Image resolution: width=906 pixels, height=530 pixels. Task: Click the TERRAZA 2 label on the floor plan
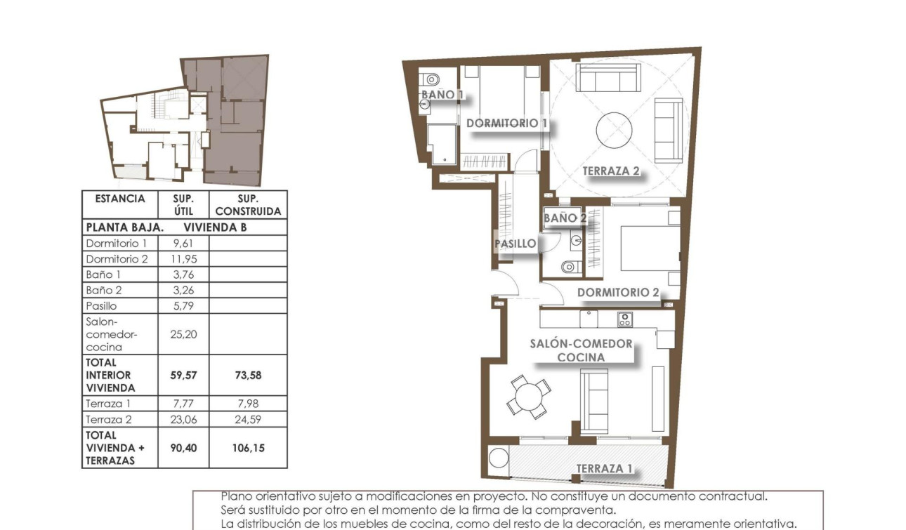[x=611, y=171]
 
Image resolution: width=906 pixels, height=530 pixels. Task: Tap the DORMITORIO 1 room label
[x=506, y=124]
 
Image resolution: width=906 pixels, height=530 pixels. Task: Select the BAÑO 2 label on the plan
[x=565, y=218]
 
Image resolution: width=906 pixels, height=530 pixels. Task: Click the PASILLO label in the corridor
[x=516, y=244]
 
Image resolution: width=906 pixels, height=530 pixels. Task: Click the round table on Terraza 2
[x=615, y=131]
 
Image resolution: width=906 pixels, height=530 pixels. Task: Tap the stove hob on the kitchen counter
[x=624, y=319]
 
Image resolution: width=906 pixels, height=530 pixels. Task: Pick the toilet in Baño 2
[x=570, y=267]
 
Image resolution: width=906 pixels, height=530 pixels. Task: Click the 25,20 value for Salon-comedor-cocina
[x=184, y=334]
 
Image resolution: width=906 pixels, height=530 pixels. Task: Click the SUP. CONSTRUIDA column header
[x=248, y=205]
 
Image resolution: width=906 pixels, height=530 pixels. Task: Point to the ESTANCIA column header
[x=119, y=199]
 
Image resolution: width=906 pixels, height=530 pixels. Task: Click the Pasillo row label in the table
[x=101, y=306]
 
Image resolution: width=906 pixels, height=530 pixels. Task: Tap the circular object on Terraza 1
[x=498, y=458]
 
